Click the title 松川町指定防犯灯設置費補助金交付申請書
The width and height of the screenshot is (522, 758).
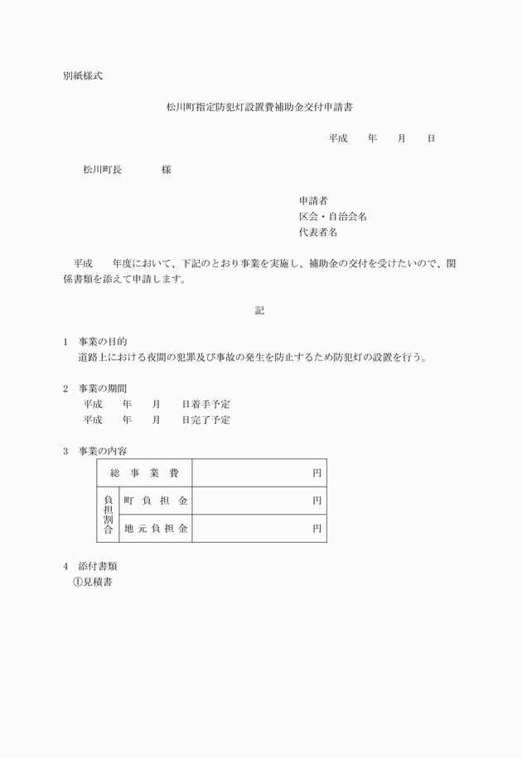261,107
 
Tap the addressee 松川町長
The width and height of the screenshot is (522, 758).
102,170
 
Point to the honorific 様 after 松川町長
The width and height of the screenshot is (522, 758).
167,170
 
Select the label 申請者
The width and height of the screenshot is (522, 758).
314,200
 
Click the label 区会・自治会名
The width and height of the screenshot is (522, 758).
333,217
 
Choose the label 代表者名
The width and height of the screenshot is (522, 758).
319,233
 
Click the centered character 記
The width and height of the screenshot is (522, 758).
259,310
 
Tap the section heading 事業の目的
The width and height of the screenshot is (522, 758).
103,342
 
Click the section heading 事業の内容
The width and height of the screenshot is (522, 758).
103,451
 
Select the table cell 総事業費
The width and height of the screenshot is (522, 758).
144,473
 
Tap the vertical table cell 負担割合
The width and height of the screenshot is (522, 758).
108,514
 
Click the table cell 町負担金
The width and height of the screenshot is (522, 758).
156,501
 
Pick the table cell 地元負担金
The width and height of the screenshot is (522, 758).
156,528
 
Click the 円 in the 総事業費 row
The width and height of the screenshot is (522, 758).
317,473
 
